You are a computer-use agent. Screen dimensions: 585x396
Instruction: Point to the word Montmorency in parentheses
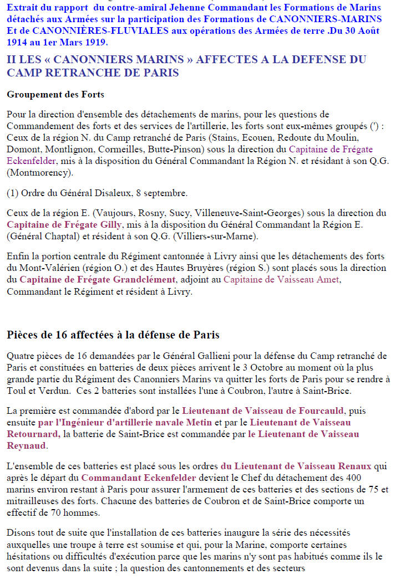click(39, 173)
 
